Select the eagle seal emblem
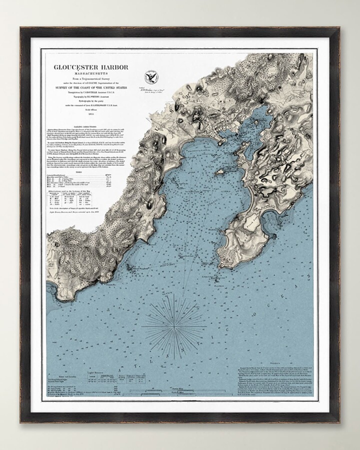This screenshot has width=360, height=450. [x=149, y=77]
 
